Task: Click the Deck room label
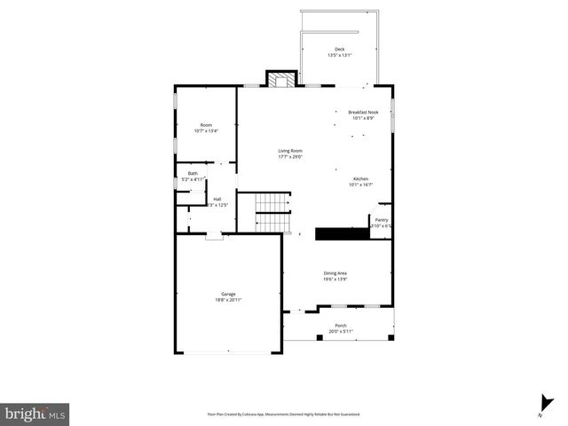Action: click(339, 49)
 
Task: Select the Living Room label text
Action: click(290, 151)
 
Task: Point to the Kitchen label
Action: click(360, 178)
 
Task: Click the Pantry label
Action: click(382, 219)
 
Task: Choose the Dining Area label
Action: click(335, 273)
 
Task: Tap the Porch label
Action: click(341, 326)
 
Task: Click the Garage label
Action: click(228, 294)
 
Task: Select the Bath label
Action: click(193, 173)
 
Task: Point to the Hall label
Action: click(217, 199)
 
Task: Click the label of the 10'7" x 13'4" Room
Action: click(206, 125)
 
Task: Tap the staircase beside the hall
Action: click(273, 215)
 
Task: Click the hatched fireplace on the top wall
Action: click(283, 81)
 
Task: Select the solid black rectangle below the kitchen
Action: click(343, 233)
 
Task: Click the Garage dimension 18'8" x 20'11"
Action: click(228, 300)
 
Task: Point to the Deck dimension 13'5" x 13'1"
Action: click(339, 55)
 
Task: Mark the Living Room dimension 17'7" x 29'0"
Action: click(290, 157)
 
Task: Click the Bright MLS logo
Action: click(35, 414)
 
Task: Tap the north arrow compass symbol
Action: click(542, 405)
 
